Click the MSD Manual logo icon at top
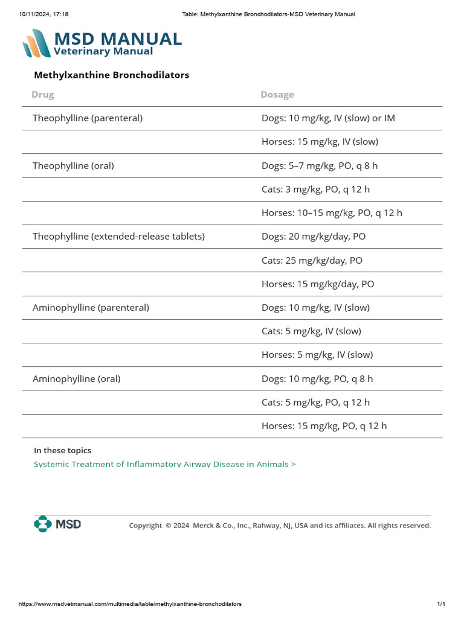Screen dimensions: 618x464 click(37, 43)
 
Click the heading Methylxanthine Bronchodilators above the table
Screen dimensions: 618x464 click(111, 75)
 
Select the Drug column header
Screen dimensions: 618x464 click(43, 95)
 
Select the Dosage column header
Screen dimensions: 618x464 click(277, 95)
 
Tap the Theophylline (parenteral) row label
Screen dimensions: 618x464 click(88, 118)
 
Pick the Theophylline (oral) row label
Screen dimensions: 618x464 click(73, 165)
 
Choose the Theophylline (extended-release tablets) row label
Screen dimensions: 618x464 click(118, 237)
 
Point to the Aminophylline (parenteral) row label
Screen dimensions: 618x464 click(91, 308)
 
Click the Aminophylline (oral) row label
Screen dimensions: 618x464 click(77, 379)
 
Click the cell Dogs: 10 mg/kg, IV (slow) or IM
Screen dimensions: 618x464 click(328, 118)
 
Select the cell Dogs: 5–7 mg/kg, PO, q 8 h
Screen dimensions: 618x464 click(320, 165)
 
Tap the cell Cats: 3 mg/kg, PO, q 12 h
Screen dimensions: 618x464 click(315, 190)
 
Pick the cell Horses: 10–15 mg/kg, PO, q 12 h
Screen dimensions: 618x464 click(332, 213)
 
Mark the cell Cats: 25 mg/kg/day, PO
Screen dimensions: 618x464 click(312, 261)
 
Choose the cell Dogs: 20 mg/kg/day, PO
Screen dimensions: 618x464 click(314, 237)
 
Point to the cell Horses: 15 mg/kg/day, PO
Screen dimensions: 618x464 click(318, 284)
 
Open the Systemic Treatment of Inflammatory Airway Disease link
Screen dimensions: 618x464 click(164, 464)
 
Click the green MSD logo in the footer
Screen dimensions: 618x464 click(57, 524)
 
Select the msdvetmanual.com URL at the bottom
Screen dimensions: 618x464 click(130, 604)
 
